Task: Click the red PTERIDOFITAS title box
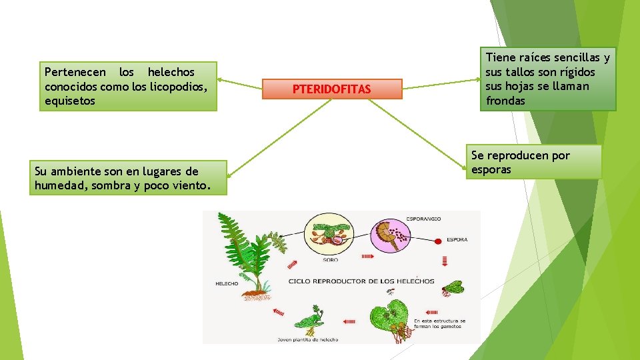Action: (332, 89)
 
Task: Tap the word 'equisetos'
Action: (69, 101)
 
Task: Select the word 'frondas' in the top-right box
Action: (505, 101)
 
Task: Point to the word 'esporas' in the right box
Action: (491, 169)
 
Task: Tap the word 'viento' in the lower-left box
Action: (189, 185)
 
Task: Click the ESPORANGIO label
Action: (423, 219)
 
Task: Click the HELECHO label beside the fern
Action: (227, 283)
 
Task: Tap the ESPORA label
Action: (457, 239)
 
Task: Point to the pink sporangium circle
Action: (392, 233)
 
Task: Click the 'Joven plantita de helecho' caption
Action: (308, 339)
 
